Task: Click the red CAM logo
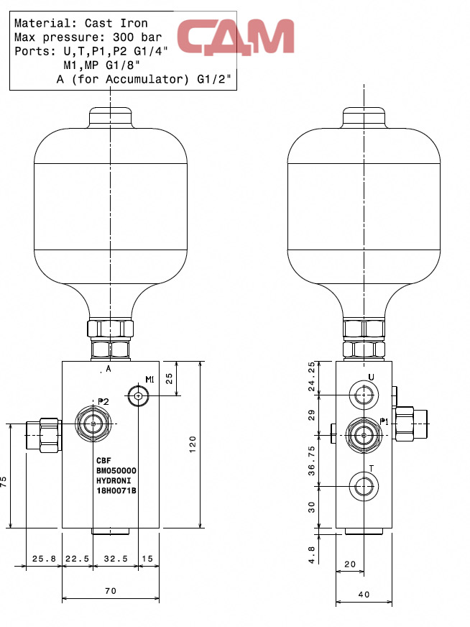coord(236,37)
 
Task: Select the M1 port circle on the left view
coord(138,396)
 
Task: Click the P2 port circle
coord(93,424)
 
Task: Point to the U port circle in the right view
coord(364,395)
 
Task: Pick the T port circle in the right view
coord(364,486)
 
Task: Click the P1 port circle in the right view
coord(364,435)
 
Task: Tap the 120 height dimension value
coord(193,444)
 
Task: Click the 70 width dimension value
coord(111,590)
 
